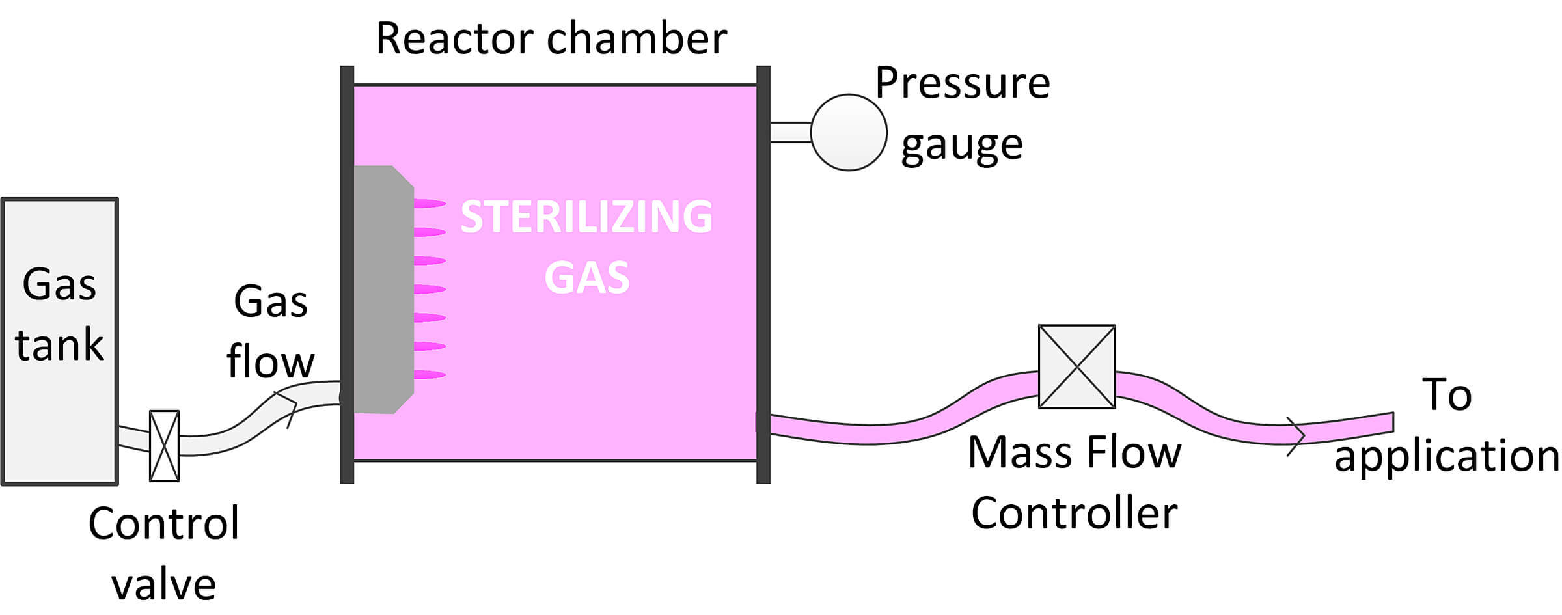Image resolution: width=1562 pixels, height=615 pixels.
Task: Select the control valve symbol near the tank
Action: [x=165, y=446]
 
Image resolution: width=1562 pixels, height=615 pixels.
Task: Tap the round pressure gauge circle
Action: [x=849, y=132]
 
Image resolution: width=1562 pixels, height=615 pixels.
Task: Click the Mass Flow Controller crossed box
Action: [x=1076, y=366]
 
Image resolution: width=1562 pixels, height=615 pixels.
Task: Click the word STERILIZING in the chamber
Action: [x=586, y=217]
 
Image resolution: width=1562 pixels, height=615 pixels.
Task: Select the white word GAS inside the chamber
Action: [x=587, y=277]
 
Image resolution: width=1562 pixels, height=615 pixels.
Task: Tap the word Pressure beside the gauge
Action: [x=962, y=84]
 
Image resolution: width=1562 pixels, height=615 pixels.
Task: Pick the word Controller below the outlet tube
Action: [x=1074, y=513]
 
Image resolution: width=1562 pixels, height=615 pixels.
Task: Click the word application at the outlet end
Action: [x=1446, y=456]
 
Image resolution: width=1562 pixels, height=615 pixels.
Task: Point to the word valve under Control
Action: [x=163, y=584]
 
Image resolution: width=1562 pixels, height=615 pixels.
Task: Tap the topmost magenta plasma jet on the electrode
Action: [x=429, y=204]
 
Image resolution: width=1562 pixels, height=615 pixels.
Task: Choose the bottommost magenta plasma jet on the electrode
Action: [x=429, y=375]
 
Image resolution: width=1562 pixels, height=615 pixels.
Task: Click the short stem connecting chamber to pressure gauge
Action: [x=790, y=132]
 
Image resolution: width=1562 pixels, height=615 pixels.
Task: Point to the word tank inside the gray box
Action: [x=59, y=344]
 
